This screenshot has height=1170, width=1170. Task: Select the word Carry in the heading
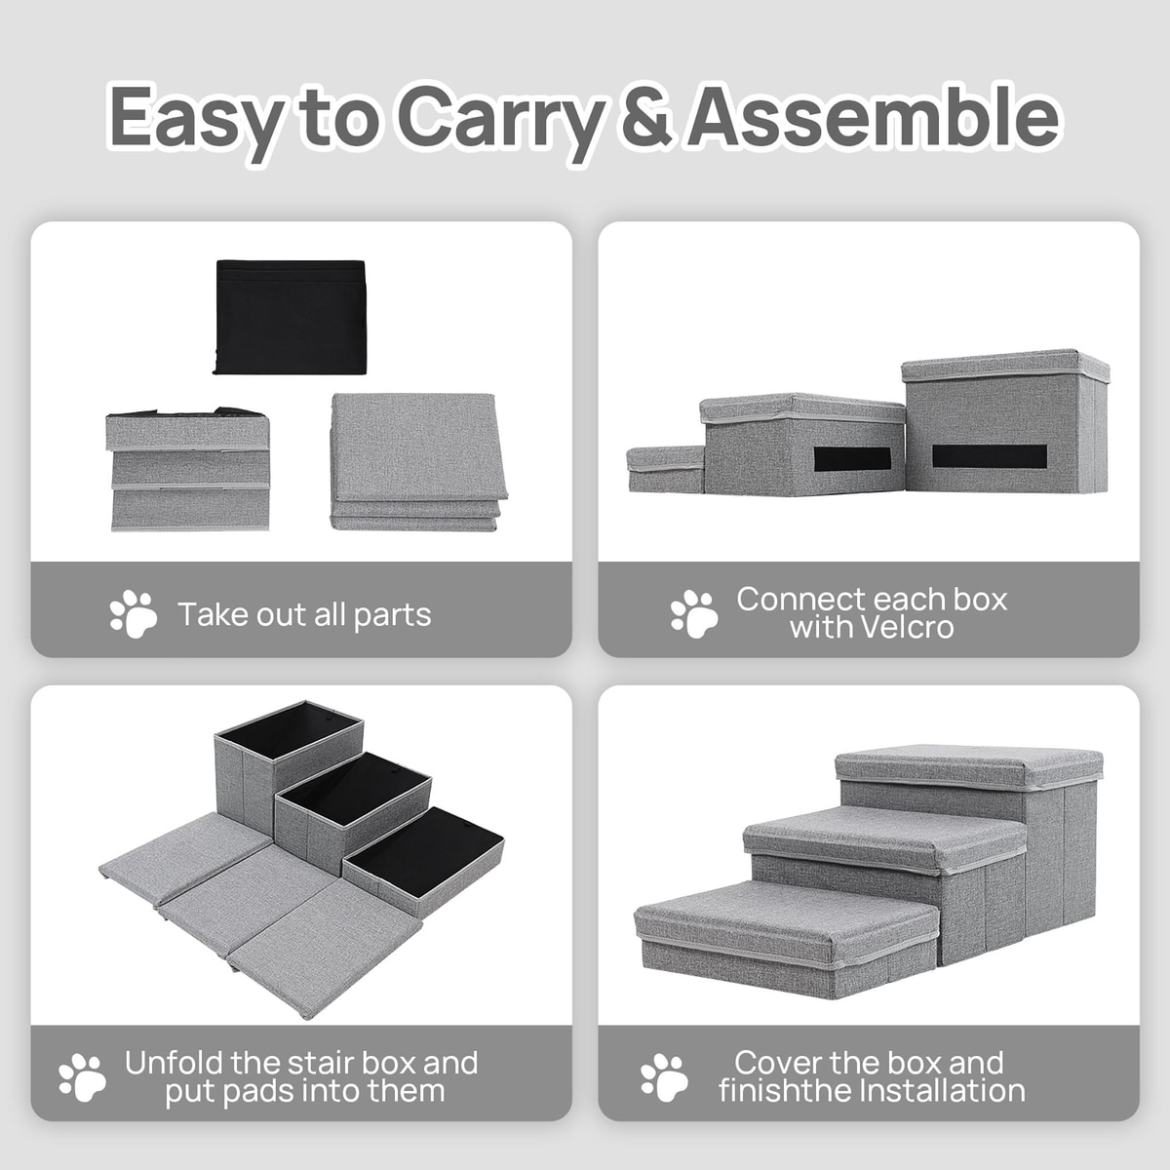pyautogui.click(x=501, y=122)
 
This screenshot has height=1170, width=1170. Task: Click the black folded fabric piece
pyautogui.click(x=291, y=317)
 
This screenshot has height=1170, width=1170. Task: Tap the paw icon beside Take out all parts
pyautogui.click(x=134, y=614)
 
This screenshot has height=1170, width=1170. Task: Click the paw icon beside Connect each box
pyautogui.click(x=694, y=614)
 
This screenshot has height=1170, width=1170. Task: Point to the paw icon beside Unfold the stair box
pyautogui.click(x=83, y=1077)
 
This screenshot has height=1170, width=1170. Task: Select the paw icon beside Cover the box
pyautogui.click(x=664, y=1077)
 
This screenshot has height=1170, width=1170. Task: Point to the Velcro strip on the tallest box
pyautogui.click(x=990, y=456)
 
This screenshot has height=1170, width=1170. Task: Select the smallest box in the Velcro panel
pyautogui.click(x=666, y=469)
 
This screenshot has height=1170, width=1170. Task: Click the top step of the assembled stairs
pyautogui.click(x=969, y=767)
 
